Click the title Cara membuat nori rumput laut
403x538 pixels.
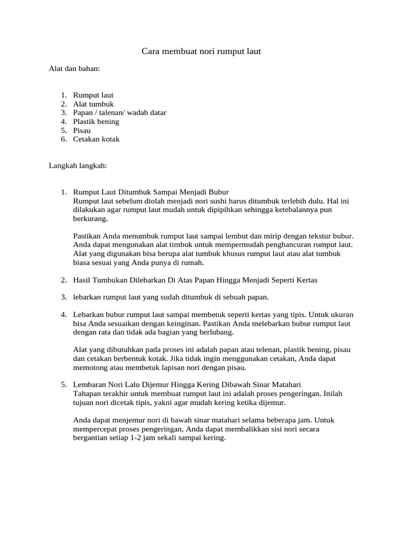click(x=201, y=51)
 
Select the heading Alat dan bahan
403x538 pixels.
click(x=74, y=69)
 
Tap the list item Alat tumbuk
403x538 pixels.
click(x=93, y=104)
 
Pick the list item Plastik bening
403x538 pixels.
click(x=96, y=121)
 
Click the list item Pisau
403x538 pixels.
click(x=82, y=130)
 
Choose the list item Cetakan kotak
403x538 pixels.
click(x=97, y=139)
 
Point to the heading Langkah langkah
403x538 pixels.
click(x=78, y=165)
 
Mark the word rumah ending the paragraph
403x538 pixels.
click(x=192, y=263)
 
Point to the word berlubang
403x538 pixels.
click(x=215, y=332)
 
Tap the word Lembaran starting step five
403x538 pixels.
click(x=90, y=385)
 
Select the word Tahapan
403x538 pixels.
click(x=86, y=394)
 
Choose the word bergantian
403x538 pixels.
click(x=90, y=438)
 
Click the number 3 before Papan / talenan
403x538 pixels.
click(x=63, y=113)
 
